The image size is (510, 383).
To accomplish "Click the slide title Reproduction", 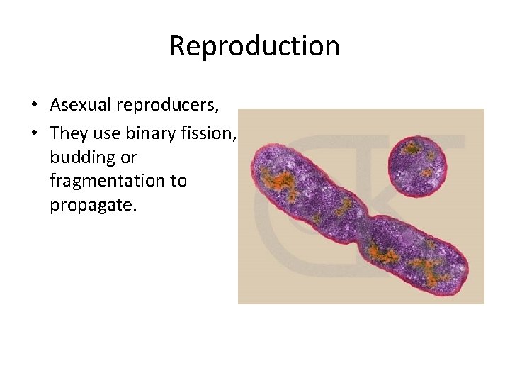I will [x=254, y=46].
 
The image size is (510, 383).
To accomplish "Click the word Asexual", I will [x=81, y=105].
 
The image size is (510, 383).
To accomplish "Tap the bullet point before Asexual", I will [x=33, y=106].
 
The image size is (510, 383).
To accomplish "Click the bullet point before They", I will [x=33, y=131].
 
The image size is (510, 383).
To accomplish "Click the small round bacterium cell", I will [x=419, y=165].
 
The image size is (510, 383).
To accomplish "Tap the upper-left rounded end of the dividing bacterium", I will [x=266, y=160].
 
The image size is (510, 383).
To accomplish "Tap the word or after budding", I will [x=128, y=156].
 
